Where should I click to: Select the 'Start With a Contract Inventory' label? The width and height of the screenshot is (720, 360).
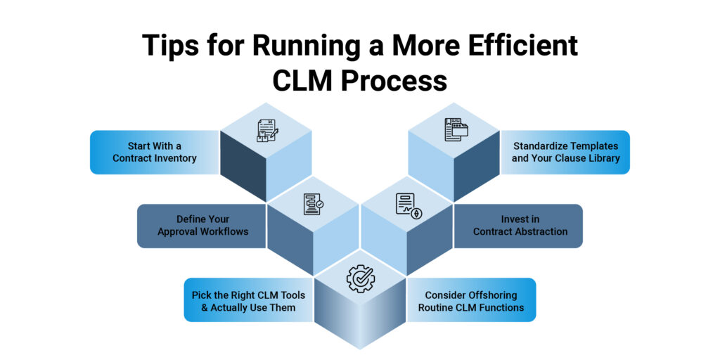(155, 152)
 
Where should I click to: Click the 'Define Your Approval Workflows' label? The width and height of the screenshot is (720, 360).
(202, 226)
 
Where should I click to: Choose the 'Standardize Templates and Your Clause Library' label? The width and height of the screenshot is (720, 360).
(565, 152)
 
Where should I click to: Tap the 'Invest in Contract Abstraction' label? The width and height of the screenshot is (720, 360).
(520, 226)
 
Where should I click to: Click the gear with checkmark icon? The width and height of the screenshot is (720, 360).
(360, 278)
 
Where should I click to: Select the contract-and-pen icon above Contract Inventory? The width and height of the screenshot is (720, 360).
(266, 131)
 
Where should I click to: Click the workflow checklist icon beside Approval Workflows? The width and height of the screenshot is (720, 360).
(313, 205)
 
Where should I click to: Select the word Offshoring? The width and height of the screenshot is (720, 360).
(489, 295)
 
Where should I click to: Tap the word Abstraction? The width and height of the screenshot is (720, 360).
(542, 232)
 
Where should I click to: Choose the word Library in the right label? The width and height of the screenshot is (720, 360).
(602, 158)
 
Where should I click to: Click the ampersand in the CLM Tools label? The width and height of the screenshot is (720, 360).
(213, 307)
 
